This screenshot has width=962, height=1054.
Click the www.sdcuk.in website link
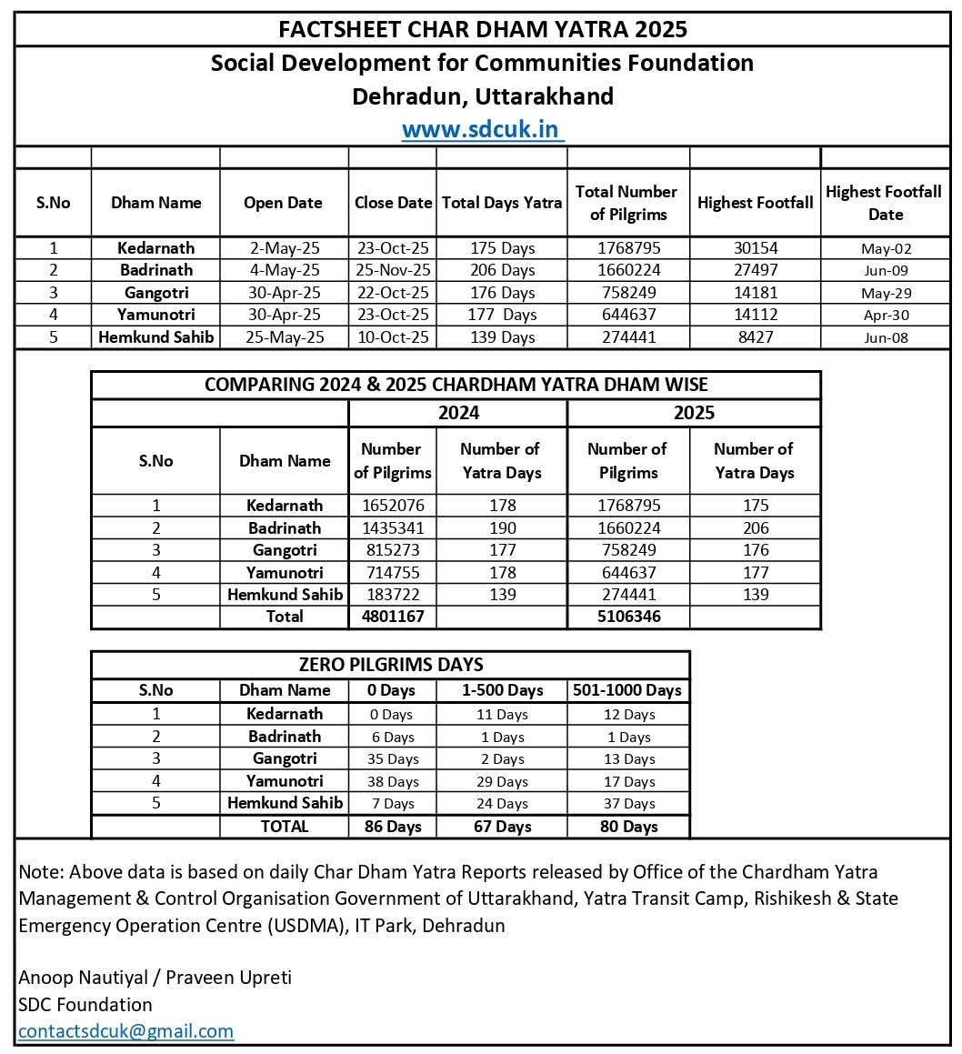click(482, 128)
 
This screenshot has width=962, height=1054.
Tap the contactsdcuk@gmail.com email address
click(125, 1030)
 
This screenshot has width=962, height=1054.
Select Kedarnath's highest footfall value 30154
click(755, 247)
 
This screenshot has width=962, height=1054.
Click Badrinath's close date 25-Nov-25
click(393, 270)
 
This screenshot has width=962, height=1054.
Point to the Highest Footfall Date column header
click(885, 203)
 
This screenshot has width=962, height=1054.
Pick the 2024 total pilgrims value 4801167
click(392, 616)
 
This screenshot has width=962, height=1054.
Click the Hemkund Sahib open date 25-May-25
click(283, 336)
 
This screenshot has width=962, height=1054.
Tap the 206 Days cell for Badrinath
click(502, 270)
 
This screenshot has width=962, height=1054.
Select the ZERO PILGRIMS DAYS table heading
click(391, 664)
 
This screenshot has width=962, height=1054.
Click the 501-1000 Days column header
click(627, 690)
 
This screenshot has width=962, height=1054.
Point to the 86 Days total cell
click(392, 827)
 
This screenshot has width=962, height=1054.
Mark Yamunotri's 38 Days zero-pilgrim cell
click(392, 781)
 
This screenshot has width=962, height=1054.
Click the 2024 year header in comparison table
click(458, 413)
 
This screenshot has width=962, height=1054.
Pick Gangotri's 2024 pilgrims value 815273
click(392, 550)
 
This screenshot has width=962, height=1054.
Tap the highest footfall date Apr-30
click(885, 316)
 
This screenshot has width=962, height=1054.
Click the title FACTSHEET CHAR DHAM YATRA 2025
click(482, 29)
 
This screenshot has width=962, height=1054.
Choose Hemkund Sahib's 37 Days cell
click(627, 803)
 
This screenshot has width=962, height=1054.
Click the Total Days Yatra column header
click(502, 203)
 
